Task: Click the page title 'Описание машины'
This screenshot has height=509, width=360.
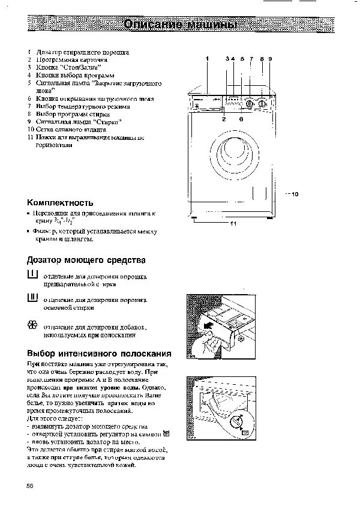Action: (x=180, y=25)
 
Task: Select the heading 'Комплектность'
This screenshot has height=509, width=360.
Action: (x=60, y=203)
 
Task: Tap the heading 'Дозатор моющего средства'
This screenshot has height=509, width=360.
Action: (x=86, y=261)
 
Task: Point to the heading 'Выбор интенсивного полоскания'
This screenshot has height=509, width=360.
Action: (x=100, y=354)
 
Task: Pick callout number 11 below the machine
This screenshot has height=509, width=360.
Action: (x=234, y=223)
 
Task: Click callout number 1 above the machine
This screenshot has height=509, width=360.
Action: (x=206, y=59)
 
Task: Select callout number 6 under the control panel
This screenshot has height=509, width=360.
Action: (x=241, y=119)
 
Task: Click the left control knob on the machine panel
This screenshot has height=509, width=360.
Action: (x=249, y=103)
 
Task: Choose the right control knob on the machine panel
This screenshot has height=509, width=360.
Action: (x=263, y=103)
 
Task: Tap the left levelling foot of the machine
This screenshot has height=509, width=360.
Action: (x=195, y=219)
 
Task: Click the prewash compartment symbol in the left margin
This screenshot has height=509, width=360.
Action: (x=32, y=276)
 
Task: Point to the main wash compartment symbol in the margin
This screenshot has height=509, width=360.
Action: (x=32, y=299)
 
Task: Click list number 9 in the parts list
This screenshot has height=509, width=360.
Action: (x=29, y=121)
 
